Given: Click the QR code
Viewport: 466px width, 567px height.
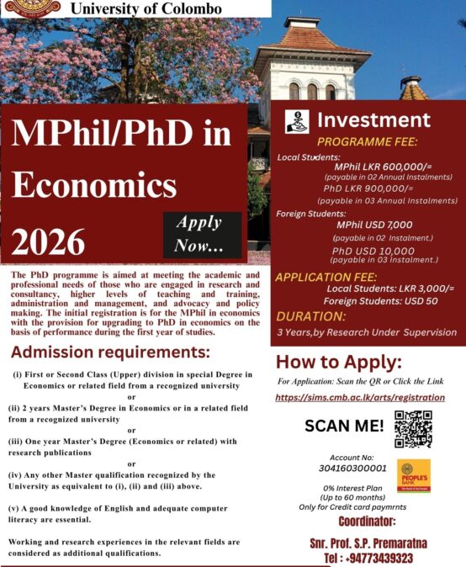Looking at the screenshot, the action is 413,428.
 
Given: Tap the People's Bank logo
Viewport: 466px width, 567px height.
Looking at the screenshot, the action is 414,476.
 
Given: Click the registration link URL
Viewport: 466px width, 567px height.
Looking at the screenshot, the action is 360,396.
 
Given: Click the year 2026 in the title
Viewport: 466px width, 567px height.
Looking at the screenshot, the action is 49,241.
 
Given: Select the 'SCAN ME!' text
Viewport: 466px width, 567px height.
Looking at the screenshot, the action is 343,426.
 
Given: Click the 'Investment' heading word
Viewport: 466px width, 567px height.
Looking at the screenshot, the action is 373,119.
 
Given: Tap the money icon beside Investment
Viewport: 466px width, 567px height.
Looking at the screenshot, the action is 297,120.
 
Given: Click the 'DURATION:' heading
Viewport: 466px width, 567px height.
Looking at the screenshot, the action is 311,316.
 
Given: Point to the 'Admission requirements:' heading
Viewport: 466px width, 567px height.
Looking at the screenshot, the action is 110,351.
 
